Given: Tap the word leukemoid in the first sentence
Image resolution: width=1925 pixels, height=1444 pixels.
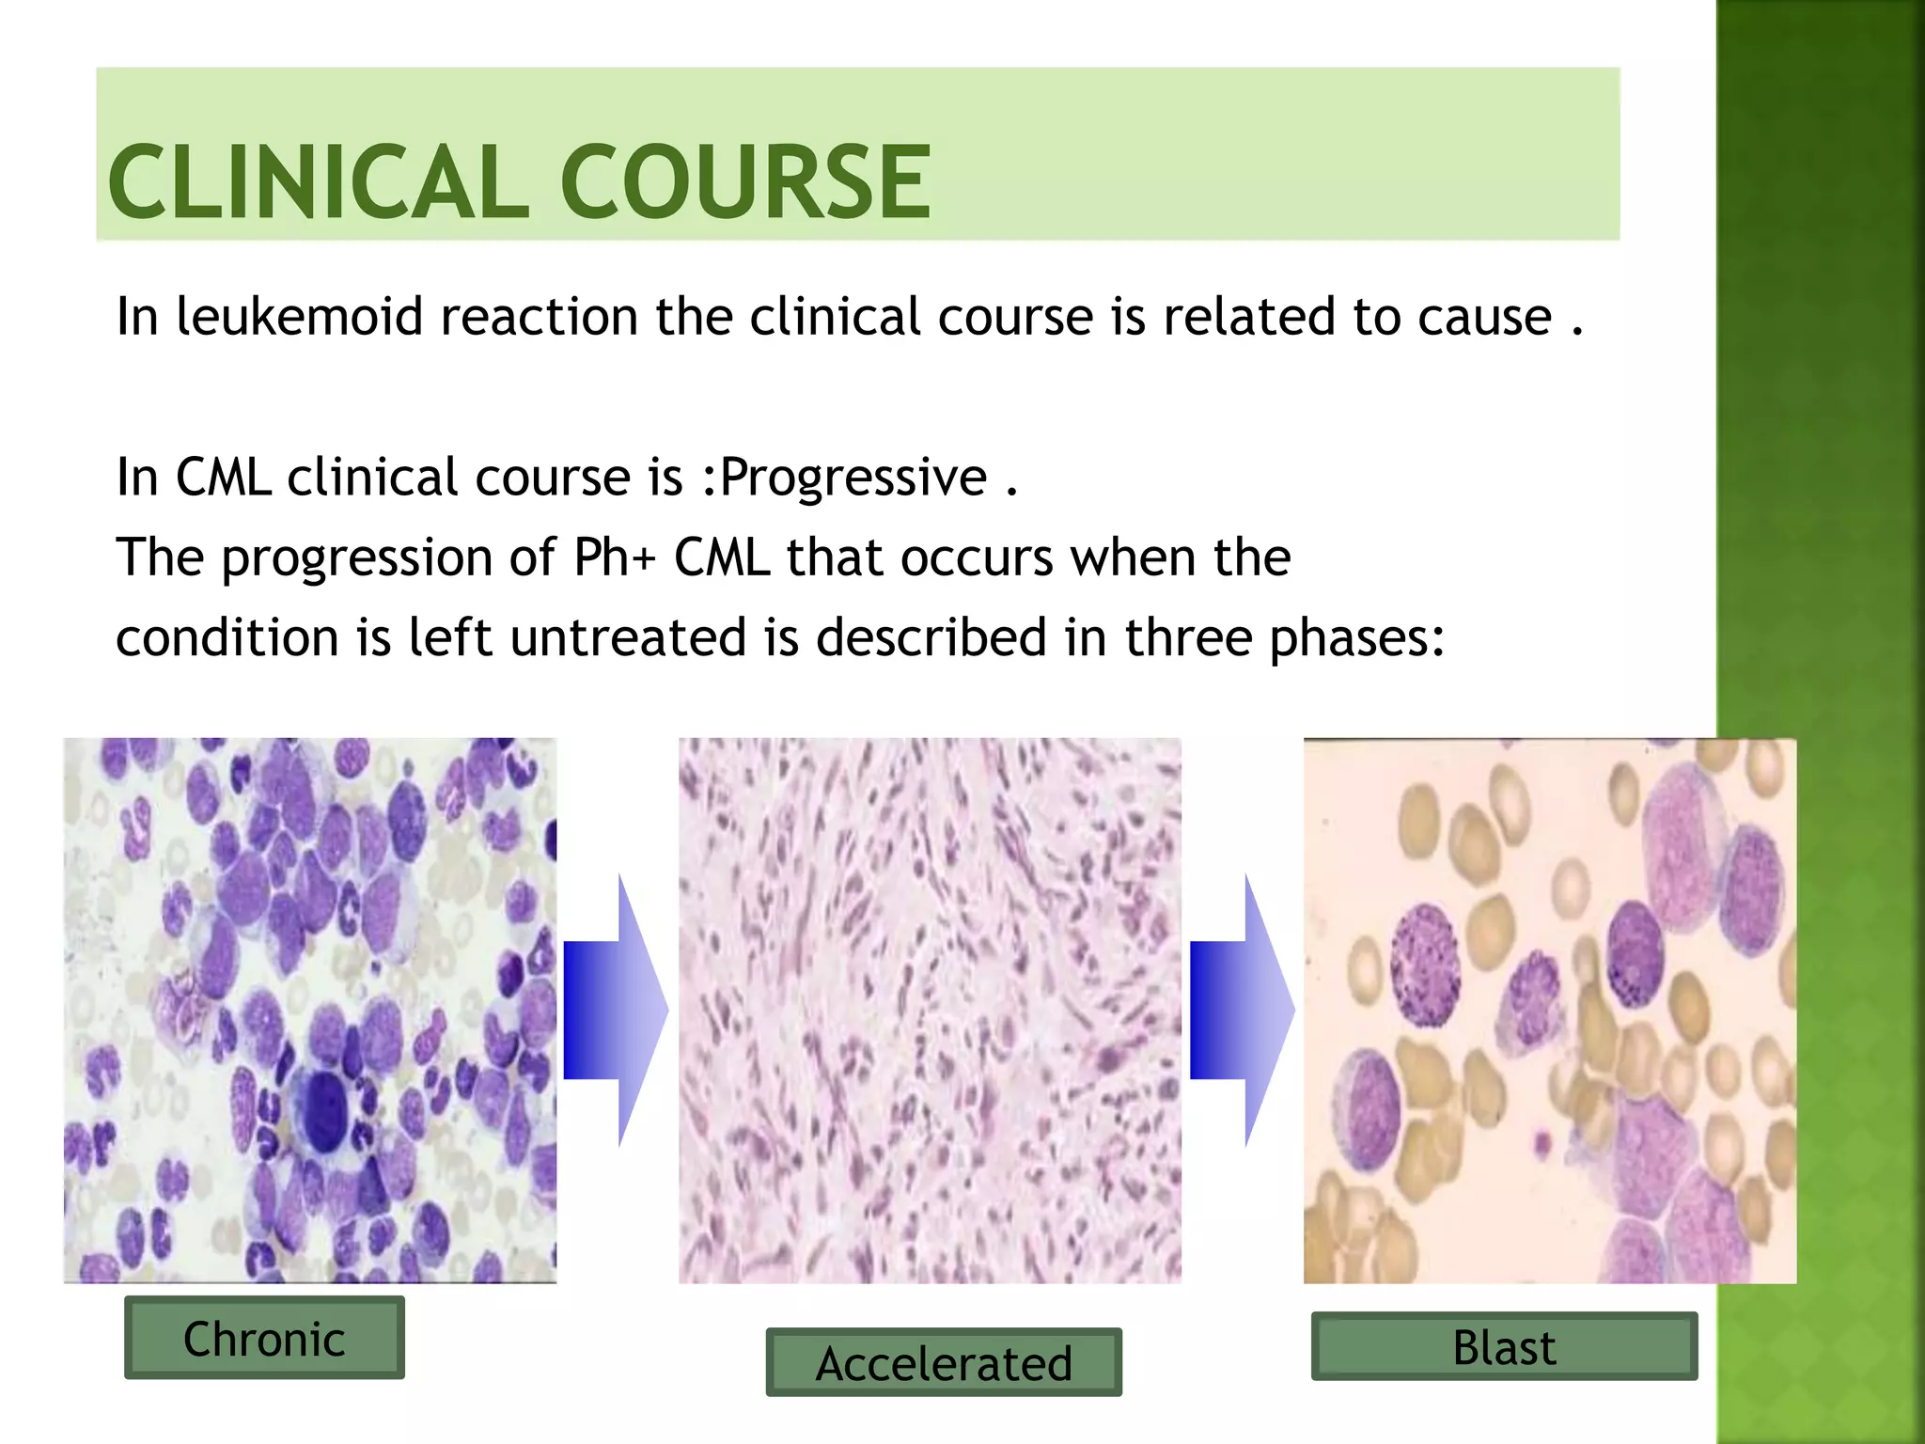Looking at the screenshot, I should coord(300,316).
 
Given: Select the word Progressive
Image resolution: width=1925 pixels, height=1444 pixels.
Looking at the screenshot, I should coord(853,478).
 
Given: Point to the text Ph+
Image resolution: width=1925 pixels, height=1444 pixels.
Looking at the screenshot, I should coord(614,557).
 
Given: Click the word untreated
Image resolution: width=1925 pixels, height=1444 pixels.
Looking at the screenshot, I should coord(628,638).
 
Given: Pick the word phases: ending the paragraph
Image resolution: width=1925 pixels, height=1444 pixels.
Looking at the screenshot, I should coord(1356,639).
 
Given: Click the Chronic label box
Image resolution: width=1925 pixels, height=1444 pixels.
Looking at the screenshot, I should coord(264,1338).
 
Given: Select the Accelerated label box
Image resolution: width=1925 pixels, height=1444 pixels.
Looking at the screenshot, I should coord(943,1362).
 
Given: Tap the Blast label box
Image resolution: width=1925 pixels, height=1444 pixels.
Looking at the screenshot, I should coord(1504,1346).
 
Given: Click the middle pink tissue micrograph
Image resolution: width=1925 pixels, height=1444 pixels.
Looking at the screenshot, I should coord(930,1011).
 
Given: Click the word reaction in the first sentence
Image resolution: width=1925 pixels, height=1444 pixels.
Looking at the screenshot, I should coord(539,317).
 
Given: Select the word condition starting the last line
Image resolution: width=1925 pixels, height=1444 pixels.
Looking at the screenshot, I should coord(227,638).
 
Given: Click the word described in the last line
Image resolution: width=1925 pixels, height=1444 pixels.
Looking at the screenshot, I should coord(931,638).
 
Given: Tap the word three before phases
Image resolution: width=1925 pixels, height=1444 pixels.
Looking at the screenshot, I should coord(1188,638).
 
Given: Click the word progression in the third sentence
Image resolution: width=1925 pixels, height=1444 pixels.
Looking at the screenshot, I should coord(356,558).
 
